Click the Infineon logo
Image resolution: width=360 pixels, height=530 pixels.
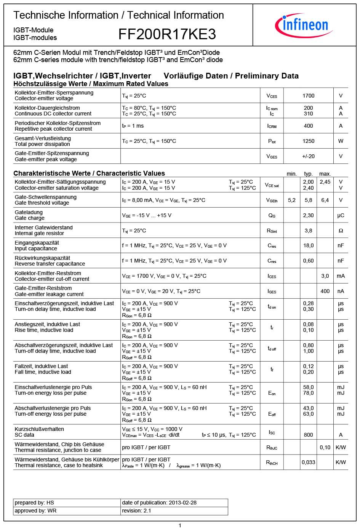tap(304, 25)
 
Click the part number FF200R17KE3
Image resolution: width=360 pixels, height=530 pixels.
tap(167, 34)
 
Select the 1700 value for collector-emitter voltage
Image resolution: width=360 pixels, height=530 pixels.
tap(308, 96)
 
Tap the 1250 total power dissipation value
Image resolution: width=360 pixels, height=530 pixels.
tap(308, 141)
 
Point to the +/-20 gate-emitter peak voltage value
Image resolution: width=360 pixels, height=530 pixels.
tap(308, 156)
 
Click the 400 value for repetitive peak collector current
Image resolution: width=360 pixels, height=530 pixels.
tap(308, 126)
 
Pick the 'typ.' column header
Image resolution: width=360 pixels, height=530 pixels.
tap(308, 174)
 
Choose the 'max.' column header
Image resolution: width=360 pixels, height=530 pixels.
tap(325, 174)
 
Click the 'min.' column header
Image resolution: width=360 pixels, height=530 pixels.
tap(291, 174)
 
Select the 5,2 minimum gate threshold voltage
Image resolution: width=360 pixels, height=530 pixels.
tap(292, 200)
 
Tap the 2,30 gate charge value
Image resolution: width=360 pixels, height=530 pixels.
tap(308, 215)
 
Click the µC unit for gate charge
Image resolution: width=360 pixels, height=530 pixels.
tap(341, 215)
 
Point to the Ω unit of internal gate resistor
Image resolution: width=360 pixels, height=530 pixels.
tap(341, 231)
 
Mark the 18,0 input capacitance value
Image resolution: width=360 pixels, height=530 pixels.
tap(308, 246)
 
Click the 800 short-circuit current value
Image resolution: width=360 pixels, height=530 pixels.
tap(308, 435)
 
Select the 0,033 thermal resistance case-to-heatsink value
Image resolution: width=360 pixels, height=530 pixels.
tap(308, 462)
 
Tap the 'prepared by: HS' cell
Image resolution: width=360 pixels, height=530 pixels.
tap(34, 503)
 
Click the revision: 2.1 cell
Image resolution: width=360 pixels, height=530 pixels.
tap(136, 511)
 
